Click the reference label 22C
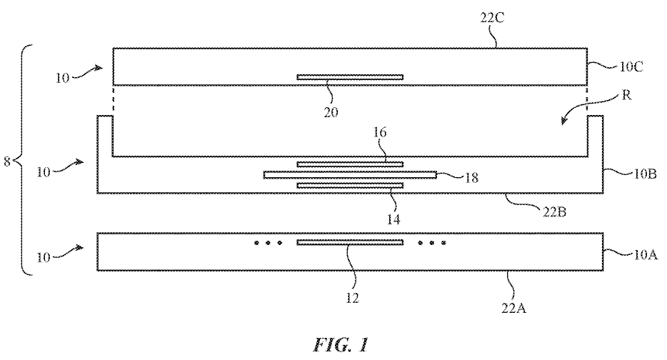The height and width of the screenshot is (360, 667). tap(493, 19)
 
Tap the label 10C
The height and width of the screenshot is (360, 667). tap(631, 67)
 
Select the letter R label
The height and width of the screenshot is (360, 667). tap(626, 95)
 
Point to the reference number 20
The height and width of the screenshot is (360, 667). tap(331, 112)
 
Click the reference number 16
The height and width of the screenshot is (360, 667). tap(380, 132)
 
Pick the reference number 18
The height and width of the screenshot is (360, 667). tap(471, 177)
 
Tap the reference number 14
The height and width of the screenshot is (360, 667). tap(393, 219)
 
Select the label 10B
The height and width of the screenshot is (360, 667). tap(646, 174)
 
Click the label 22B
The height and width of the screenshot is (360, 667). tap(554, 211)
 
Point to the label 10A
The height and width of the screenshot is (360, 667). tap(646, 255)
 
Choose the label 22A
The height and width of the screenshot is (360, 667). tap(514, 308)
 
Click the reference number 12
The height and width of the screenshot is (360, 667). tap(352, 298)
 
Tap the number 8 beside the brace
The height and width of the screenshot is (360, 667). tap(7, 161)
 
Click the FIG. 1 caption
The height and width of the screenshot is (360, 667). tap(341, 344)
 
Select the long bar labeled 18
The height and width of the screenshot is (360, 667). tap(350, 174)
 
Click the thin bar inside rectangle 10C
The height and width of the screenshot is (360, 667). tap(350, 77)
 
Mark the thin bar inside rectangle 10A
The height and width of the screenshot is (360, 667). tap(350, 243)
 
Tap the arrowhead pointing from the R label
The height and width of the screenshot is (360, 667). tap(564, 121)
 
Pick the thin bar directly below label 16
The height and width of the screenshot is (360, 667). tap(350, 164)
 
